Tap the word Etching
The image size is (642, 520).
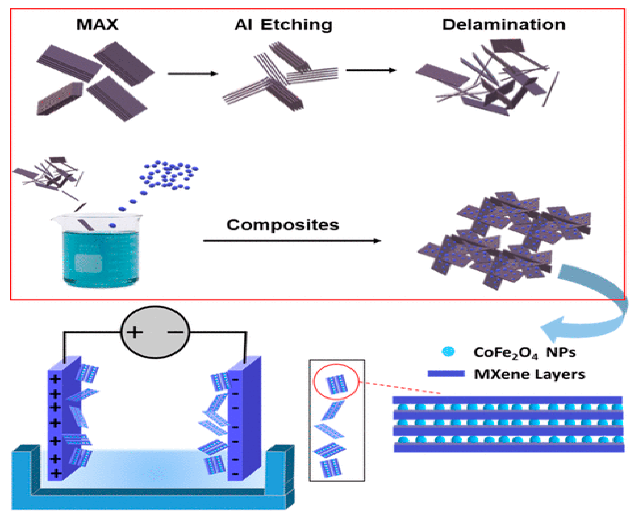click(296, 25)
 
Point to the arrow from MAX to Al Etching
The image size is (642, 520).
click(193, 74)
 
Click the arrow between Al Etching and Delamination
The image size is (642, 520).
click(371, 71)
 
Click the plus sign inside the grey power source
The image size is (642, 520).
click(134, 332)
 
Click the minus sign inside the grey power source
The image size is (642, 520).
click(175, 332)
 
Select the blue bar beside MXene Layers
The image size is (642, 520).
click(446, 374)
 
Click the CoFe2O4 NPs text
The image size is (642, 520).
click(524, 353)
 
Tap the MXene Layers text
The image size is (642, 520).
click(529, 375)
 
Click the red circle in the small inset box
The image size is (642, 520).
click(336, 382)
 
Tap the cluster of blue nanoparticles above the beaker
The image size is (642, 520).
click(169, 175)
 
